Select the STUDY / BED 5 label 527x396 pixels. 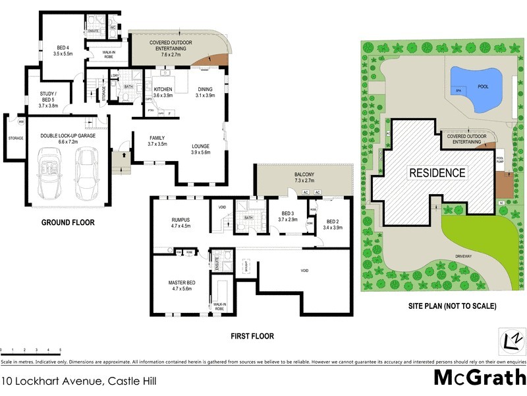pos(49,96)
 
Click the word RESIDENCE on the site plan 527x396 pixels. pos(437,174)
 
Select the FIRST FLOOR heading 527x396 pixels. pos(252,336)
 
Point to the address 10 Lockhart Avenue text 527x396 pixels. pos(53,381)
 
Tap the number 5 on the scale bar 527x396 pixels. pos(61,349)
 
